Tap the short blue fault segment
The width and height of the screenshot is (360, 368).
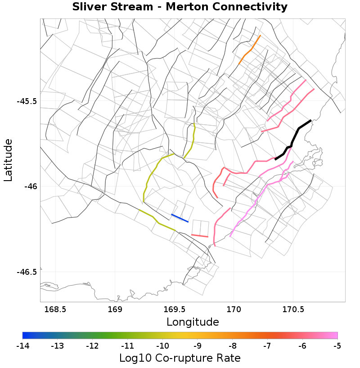180,218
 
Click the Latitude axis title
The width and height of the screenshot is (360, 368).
8,160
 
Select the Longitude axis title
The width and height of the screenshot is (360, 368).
193,322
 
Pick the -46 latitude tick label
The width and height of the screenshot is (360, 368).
30,186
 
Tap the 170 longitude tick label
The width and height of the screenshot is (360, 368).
234,309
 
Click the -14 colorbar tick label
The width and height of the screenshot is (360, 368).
22,346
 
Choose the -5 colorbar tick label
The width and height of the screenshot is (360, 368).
337,346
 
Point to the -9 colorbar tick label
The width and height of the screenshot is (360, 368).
197,346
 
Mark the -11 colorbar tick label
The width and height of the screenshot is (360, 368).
127,346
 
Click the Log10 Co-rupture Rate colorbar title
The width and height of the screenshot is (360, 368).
180,358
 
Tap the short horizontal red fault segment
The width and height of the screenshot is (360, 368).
199,235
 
